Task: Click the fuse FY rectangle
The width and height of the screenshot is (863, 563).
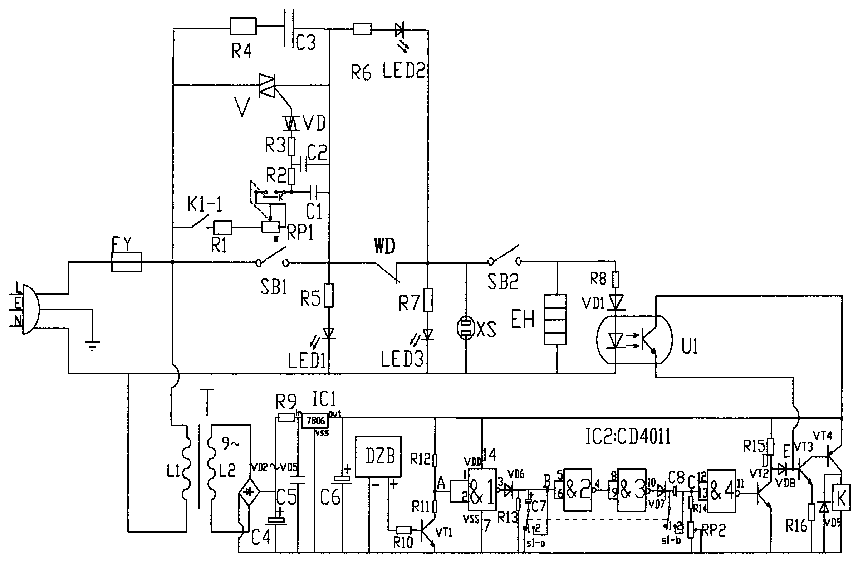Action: (126, 262)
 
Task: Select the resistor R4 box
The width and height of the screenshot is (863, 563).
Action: (243, 26)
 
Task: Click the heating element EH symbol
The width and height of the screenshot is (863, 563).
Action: (555, 319)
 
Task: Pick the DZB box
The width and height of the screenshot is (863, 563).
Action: (378, 456)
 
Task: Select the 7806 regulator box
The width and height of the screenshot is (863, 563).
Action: (315, 421)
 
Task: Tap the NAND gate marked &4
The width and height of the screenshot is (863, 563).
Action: (722, 491)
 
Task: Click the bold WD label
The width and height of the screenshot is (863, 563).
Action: (384, 247)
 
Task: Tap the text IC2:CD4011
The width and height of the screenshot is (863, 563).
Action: (628, 437)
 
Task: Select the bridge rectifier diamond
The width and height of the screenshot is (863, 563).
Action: (249, 492)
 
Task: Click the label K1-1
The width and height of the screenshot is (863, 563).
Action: (205, 205)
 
